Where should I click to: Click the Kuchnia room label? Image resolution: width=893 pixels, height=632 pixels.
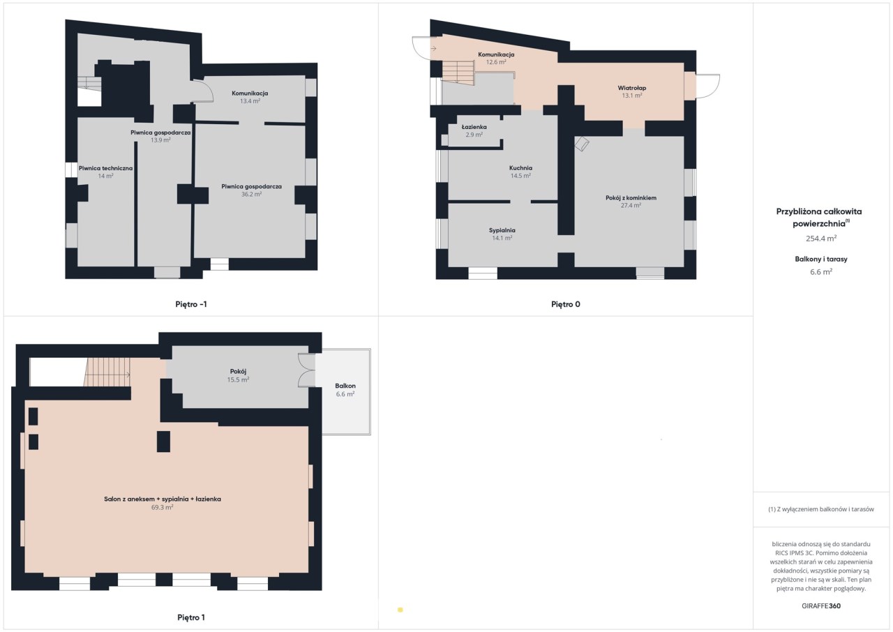pyautogui.click(x=520, y=168)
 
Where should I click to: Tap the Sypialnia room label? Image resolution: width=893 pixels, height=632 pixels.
pyautogui.click(x=502, y=230)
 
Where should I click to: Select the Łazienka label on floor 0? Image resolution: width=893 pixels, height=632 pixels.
pyautogui.click(x=474, y=127)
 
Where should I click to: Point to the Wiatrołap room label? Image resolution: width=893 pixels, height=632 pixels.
pyautogui.click(x=632, y=88)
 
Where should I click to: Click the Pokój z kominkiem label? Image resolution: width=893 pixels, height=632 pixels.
pyautogui.click(x=631, y=197)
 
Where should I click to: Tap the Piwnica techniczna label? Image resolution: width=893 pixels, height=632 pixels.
pyautogui.click(x=105, y=168)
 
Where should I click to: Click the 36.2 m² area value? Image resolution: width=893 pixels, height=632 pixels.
pyautogui.click(x=251, y=195)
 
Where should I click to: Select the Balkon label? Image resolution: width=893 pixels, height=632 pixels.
pyautogui.click(x=345, y=386)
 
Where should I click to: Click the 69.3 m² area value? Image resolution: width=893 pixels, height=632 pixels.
pyautogui.click(x=163, y=507)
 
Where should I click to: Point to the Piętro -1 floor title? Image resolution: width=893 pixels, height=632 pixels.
pyautogui.click(x=191, y=304)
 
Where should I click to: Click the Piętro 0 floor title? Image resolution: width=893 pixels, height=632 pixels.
pyautogui.click(x=565, y=304)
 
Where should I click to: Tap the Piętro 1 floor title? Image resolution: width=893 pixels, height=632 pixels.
pyautogui.click(x=191, y=617)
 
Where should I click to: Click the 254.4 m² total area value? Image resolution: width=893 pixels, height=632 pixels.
pyautogui.click(x=821, y=239)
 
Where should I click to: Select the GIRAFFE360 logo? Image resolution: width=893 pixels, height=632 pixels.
pyautogui.click(x=821, y=606)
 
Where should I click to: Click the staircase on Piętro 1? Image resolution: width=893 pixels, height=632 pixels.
pyautogui.click(x=107, y=372)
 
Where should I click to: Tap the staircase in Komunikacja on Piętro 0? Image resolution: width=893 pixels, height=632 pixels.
pyautogui.click(x=458, y=73)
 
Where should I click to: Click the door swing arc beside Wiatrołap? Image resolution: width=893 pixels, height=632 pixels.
pyautogui.click(x=708, y=86)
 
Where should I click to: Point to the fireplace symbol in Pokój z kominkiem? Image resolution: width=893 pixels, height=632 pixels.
pyautogui.click(x=582, y=144)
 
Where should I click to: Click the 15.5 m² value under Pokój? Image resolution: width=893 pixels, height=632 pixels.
pyautogui.click(x=238, y=379)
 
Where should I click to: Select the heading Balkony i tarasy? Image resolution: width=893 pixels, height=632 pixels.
pyautogui.click(x=821, y=259)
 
